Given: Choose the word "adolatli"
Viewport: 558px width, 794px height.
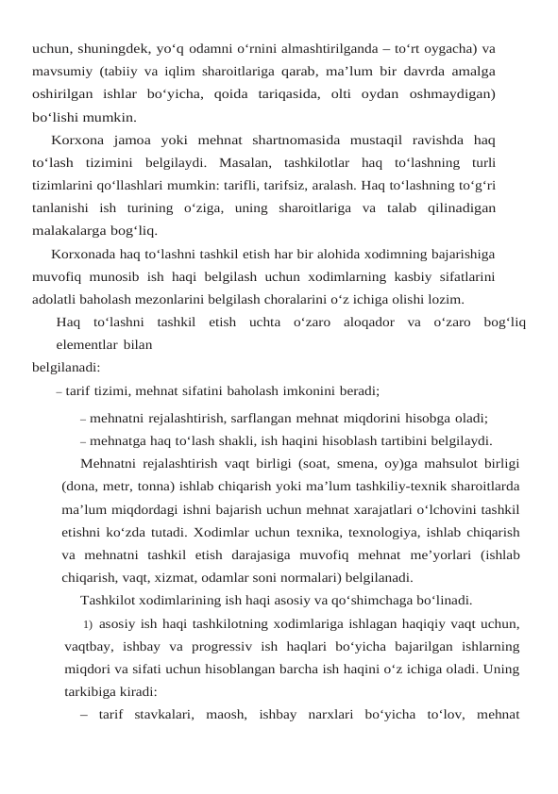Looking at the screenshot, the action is coord(56,300).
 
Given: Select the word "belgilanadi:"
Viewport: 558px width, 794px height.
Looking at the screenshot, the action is coord(66,368).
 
